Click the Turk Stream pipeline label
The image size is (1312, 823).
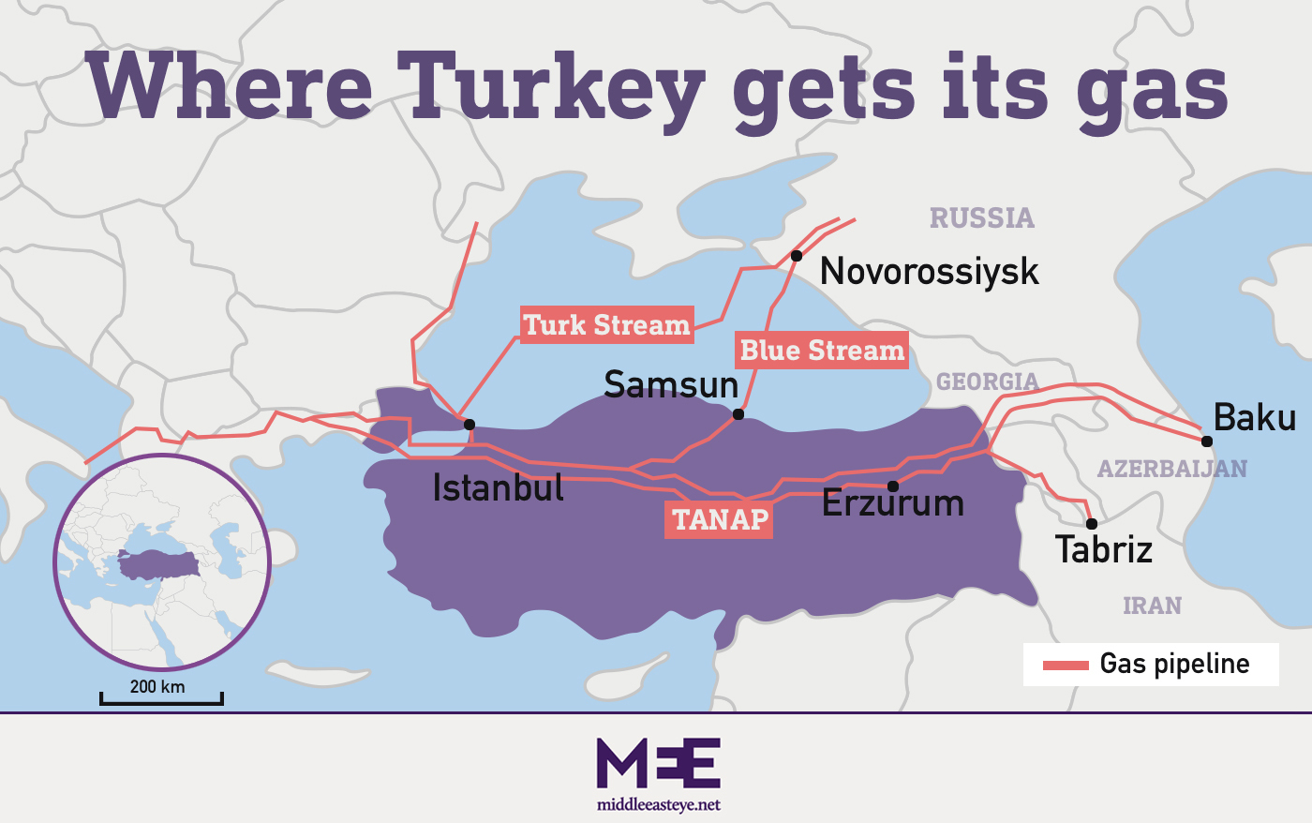[x=606, y=325]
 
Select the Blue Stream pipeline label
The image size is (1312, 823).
[x=821, y=351]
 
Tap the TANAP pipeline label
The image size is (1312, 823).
[x=719, y=519]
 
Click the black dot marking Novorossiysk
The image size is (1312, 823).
[x=796, y=256]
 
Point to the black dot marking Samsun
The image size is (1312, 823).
[x=738, y=414]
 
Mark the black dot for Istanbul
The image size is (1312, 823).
[x=470, y=425]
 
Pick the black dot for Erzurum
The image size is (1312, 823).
[x=893, y=486]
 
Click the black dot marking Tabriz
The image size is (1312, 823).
[x=1091, y=524]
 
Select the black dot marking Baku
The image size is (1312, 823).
[x=1207, y=441]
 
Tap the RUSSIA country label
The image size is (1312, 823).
[x=981, y=218]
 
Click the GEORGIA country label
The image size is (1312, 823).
[x=987, y=382]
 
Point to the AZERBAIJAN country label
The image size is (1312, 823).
[x=1171, y=469]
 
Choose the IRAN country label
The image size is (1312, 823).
[x=1152, y=606]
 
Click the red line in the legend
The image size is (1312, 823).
[x=1066, y=666]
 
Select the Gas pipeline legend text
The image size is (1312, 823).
[x=1174, y=664]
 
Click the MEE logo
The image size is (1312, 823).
[x=658, y=763]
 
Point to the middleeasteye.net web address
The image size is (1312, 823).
[x=658, y=805]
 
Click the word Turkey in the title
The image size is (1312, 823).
[x=550, y=86]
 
